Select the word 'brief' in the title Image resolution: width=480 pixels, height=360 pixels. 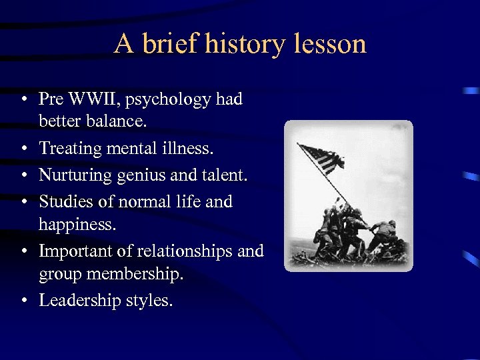coord(169,45)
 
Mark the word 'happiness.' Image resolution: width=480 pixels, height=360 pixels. coord(77,225)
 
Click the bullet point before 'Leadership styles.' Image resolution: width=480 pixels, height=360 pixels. coord(23,301)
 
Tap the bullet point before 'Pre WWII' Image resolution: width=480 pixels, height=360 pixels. coord(23,100)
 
